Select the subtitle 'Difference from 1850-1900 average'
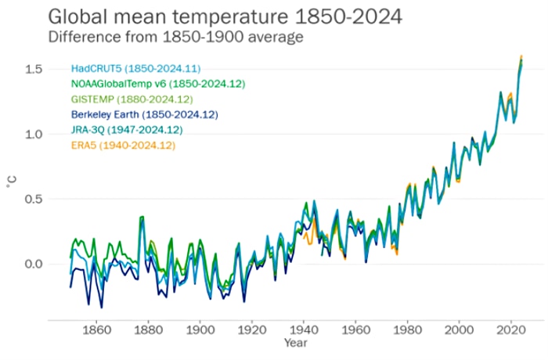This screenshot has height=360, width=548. tap(175, 37)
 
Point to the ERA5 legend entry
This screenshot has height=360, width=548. tap(123, 145)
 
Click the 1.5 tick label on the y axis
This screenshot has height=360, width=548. tap(33, 70)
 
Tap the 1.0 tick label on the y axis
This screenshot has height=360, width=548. tap(33, 135)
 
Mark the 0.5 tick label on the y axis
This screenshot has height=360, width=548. tap(33, 199)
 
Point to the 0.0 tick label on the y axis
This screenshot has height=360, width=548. tap(33, 264)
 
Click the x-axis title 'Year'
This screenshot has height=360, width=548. tap(295, 344)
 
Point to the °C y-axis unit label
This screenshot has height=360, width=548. tap(10, 182)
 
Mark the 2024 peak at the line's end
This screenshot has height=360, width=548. tap(521, 57)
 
